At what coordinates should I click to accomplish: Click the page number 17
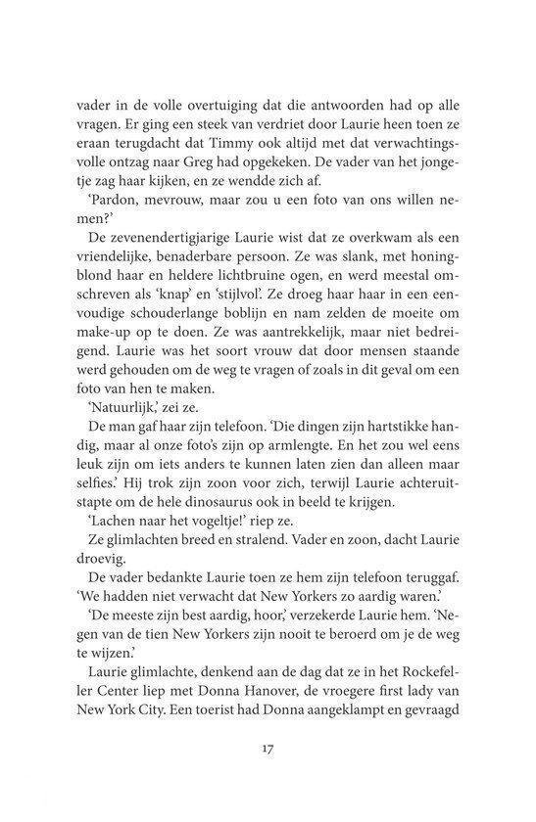pyautogui.click(x=268, y=751)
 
